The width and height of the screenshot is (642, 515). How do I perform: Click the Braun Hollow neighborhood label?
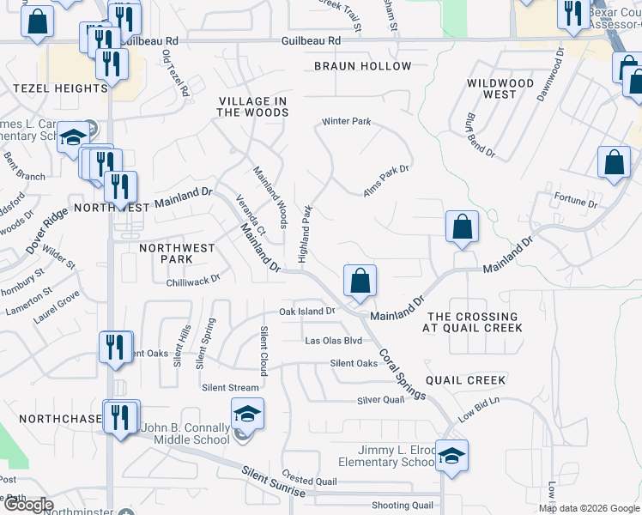point(362,66)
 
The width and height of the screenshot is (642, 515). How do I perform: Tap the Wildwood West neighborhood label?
point(500,88)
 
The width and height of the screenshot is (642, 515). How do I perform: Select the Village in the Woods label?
point(251,106)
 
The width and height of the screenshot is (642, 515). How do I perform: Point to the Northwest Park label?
point(177,253)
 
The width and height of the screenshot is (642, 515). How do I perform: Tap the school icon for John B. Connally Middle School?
point(247,415)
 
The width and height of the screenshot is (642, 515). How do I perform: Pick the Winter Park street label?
point(347,122)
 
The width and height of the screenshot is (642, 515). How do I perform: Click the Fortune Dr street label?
point(575,203)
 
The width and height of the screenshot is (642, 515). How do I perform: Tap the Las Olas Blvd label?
point(334,341)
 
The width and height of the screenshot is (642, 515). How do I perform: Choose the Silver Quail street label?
point(380,400)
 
